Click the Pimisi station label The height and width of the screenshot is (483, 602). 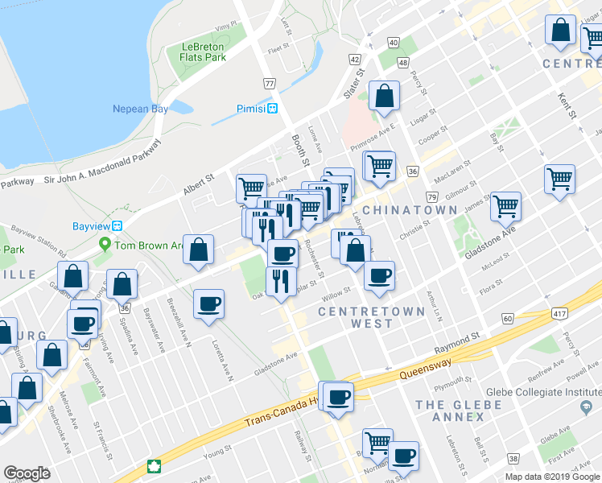251,109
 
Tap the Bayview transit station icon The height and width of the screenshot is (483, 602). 117,226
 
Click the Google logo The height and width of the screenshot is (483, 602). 27,473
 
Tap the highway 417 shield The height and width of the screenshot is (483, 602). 560,312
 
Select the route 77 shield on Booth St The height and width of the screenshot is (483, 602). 270,83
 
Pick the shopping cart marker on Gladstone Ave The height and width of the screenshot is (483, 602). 506,206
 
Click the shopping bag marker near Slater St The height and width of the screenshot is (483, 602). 385,96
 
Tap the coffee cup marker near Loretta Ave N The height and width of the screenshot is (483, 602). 209,303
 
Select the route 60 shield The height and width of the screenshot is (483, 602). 507,320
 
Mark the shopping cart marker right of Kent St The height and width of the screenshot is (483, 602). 559,179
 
